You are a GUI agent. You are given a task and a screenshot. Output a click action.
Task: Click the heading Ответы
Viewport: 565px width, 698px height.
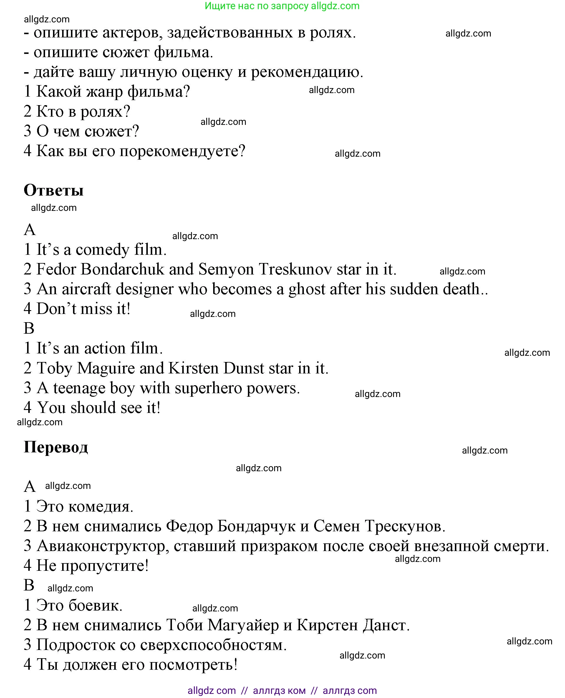[x=54, y=191]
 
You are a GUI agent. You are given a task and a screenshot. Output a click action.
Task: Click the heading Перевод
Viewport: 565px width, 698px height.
[x=56, y=447]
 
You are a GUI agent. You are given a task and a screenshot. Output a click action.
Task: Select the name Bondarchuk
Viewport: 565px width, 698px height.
[x=123, y=269]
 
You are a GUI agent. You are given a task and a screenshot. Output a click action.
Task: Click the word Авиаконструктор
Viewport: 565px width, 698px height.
[x=103, y=546]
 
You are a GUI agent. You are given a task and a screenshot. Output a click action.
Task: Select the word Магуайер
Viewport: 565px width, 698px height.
[x=243, y=625]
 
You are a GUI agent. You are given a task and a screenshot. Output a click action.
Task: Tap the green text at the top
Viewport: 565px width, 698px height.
[x=282, y=6]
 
